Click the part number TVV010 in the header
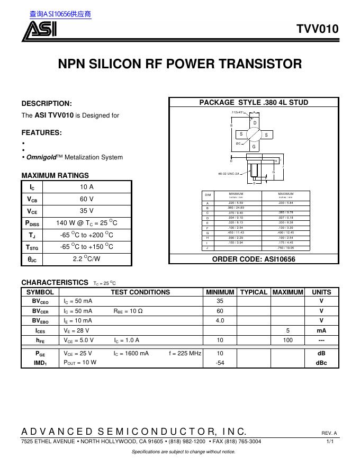(x=317, y=30)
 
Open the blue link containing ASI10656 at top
(x=60, y=14)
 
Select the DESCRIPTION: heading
(x=47, y=103)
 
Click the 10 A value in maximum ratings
(x=87, y=187)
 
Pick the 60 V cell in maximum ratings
(x=87, y=199)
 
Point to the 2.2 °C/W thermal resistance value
(x=87, y=259)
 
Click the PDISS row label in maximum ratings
(x=32, y=223)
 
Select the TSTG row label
(x=32, y=247)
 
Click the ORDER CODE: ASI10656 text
(x=254, y=259)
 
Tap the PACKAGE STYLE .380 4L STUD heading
(x=254, y=102)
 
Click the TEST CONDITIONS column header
(x=140, y=292)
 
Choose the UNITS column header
(x=321, y=292)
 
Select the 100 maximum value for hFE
(x=287, y=340)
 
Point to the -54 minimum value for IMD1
(x=220, y=363)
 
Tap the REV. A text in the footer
(x=329, y=433)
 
